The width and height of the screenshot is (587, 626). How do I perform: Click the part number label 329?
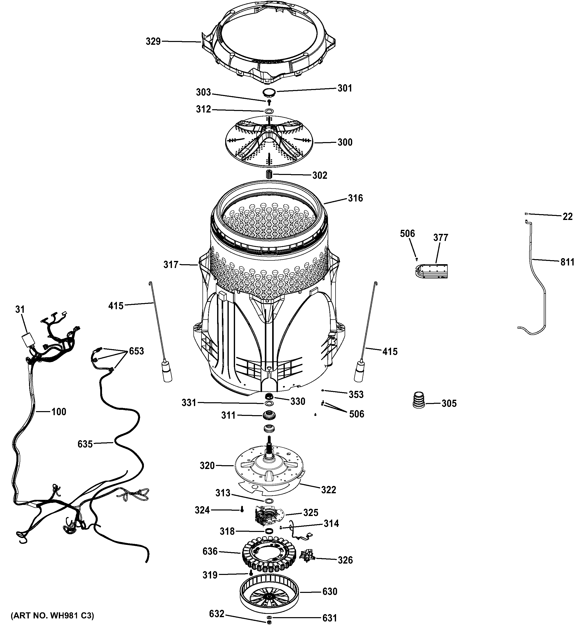(x=153, y=41)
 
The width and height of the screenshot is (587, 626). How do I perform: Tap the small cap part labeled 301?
(x=268, y=92)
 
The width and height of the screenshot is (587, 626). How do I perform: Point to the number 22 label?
(x=567, y=217)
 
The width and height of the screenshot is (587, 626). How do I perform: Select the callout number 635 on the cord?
(x=85, y=444)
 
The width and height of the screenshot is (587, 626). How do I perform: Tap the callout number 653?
(x=136, y=351)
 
